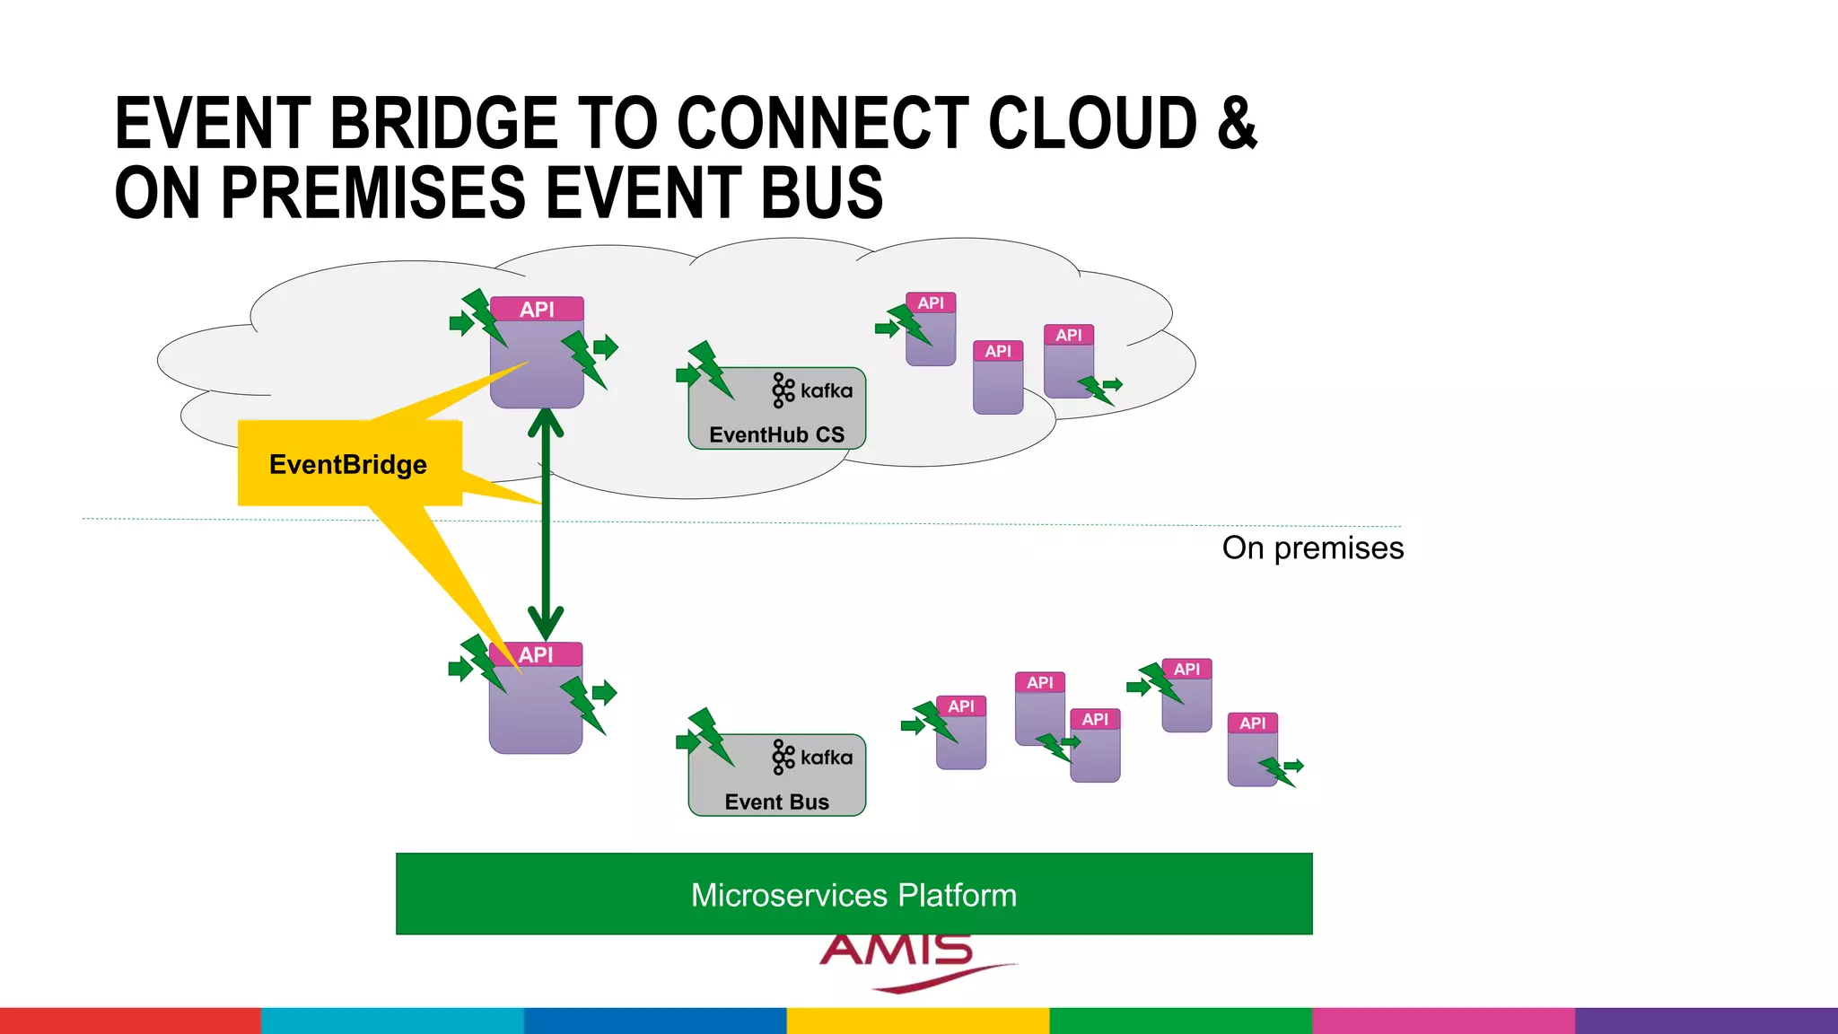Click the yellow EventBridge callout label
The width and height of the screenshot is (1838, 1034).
(349, 464)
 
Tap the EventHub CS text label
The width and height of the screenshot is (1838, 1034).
(776, 434)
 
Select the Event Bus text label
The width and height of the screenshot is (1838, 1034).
(776, 802)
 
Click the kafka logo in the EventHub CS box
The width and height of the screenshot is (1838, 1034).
(812, 390)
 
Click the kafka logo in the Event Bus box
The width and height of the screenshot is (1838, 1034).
(812, 758)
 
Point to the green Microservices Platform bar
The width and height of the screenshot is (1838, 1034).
(853, 894)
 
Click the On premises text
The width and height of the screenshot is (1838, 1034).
(1312, 548)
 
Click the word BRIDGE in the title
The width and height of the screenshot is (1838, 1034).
(444, 123)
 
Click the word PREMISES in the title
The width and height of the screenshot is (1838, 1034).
(372, 192)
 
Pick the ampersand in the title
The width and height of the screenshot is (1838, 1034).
(1237, 123)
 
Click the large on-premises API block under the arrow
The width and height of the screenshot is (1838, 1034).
(536, 705)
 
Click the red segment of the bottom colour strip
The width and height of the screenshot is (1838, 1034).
(130, 1021)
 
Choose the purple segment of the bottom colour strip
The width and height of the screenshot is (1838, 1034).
(1705, 1021)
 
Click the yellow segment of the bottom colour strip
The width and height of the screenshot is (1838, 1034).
(917, 1021)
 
